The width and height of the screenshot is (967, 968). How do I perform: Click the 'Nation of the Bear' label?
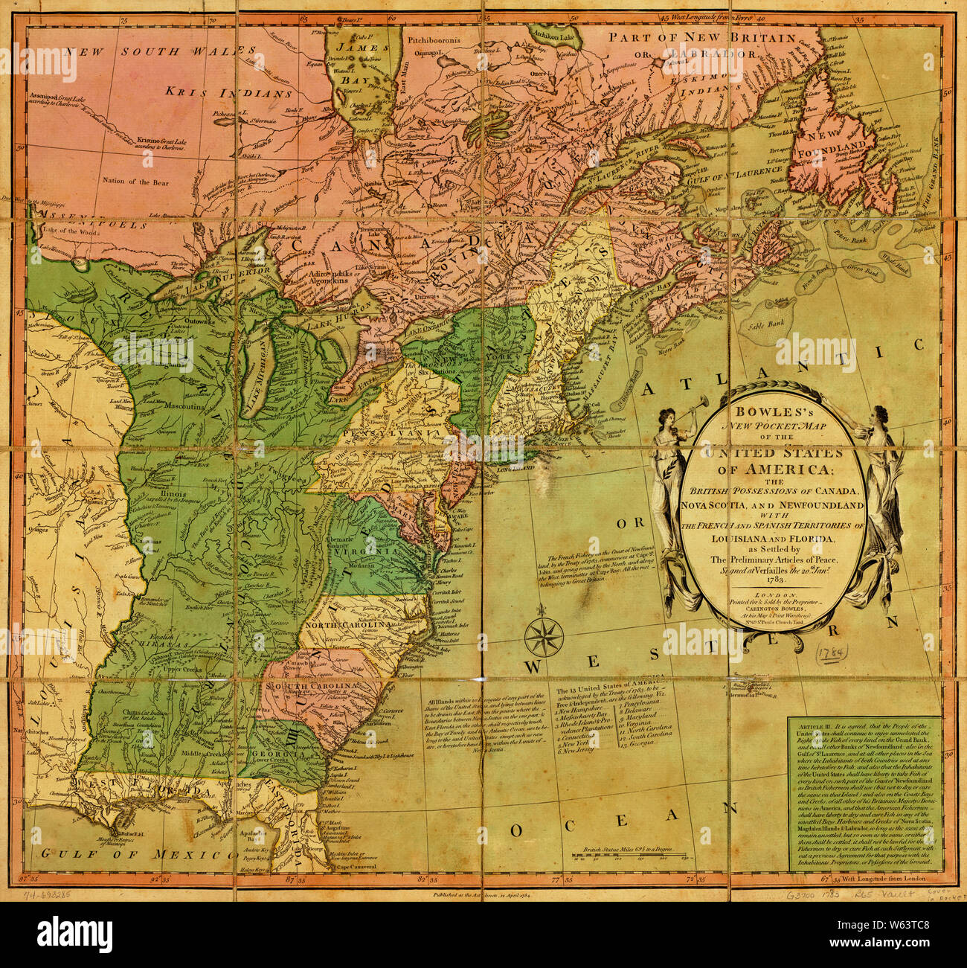[x=136, y=182]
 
